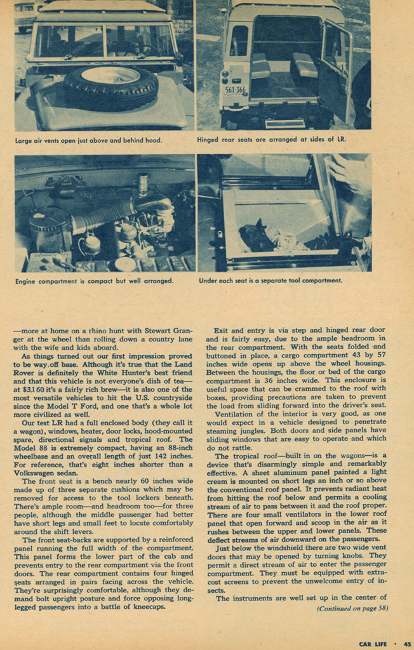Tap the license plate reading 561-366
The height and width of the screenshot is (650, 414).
(235, 90)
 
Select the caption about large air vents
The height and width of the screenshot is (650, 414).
(90, 139)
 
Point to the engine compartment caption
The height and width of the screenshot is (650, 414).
(94, 280)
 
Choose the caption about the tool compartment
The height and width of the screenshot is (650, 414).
(270, 280)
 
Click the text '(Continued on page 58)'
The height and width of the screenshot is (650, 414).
(352, 608)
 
